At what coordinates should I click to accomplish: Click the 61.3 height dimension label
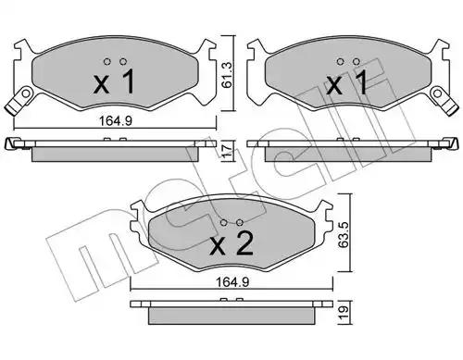(227, 74)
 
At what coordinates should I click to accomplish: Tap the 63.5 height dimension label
(344, 233)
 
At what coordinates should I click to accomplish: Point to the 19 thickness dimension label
(344, 313)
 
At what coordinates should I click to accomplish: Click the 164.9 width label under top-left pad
(115, 120)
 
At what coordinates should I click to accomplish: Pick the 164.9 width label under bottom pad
(232, 282)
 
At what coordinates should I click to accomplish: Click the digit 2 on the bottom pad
(243, 243)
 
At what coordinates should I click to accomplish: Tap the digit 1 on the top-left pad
(128, 81)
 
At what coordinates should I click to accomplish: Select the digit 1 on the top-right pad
(360, 81)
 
